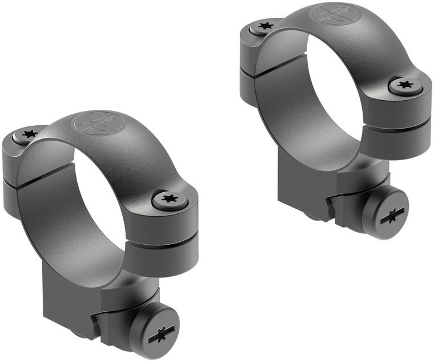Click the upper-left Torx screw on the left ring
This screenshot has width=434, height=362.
[x=29, y=134]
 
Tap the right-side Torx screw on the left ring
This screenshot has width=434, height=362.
[x=168, y=199]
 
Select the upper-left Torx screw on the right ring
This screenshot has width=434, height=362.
[x=264, y=26]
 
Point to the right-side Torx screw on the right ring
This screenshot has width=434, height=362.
[x=406, y=86]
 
